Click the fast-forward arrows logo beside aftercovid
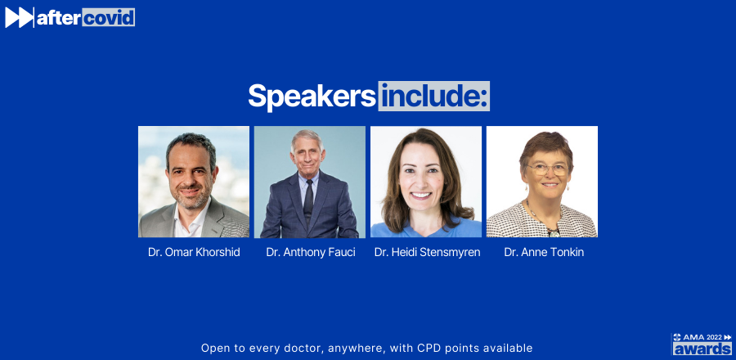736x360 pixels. tap(20, 17)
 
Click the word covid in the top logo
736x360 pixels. tap(109, 17)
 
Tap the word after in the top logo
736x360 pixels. tap(59, 18)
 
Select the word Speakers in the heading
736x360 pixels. tap(312, 97)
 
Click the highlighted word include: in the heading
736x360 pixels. tap(434, 97)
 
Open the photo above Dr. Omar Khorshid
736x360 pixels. tap(194, 182)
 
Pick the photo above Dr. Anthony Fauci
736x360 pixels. tap(310, 182)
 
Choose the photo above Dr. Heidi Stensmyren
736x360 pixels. tap(426, 182)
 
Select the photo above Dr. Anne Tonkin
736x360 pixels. tap(541, 182)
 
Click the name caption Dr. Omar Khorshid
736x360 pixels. tap(194, 253)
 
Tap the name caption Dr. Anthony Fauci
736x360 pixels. tap(311, 253)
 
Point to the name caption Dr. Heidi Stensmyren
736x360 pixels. tap(427, 253)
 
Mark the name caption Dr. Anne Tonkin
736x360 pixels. tap(544, 253)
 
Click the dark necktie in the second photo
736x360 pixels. tap(308, 199)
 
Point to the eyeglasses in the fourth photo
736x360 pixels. tap(547, 169)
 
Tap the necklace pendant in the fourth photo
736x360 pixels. tap(554, 232)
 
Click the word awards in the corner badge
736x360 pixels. tap(702, 349)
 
